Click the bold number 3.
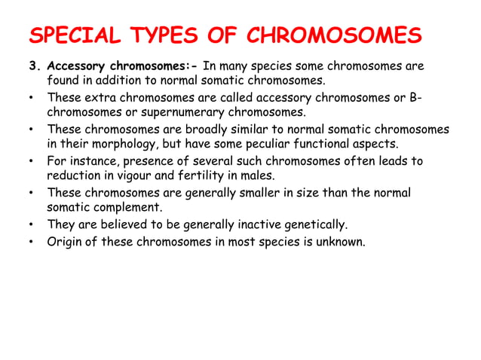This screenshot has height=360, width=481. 33,66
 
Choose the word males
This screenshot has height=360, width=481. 258,177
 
